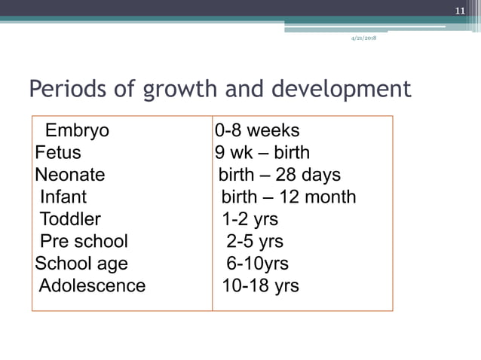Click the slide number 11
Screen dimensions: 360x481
point(461,11)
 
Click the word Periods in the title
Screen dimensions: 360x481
point(65,90)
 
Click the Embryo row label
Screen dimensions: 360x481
point(77,131)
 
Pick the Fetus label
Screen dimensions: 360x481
point(57,153)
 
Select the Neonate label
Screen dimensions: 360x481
point(69,175)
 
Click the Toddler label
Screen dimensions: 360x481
point(69,219)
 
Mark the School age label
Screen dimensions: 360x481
point(81,264)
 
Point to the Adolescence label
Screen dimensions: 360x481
point(92,286)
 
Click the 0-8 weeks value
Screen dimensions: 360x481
point(257,131)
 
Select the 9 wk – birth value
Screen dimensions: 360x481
point(262,153)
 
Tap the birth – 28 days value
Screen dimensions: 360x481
point(280,175)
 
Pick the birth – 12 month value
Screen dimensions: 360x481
point(288,197)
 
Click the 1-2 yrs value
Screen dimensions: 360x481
point(250,219)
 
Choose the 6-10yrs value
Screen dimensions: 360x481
point(257,264)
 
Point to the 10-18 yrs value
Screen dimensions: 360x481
point(260,286)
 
